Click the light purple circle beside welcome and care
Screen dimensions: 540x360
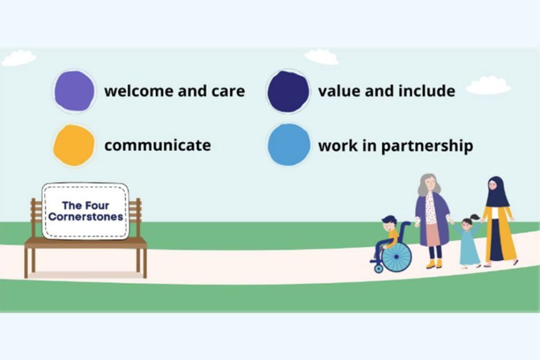point(74,91)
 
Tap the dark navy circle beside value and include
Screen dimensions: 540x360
point(288,92)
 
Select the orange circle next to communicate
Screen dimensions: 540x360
point(74,145)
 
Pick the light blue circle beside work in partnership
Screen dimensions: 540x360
point(289,145)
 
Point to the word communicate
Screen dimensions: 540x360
point(158,145)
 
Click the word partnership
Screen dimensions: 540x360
point(427,146)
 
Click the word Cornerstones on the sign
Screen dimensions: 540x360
point(86,217)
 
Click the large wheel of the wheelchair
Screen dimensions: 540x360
point(397,257)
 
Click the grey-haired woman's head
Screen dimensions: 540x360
point(429,184)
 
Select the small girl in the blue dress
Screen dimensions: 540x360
point(468,241)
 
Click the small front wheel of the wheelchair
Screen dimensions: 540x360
point(379,268)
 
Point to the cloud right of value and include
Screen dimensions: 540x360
point(488,85)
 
